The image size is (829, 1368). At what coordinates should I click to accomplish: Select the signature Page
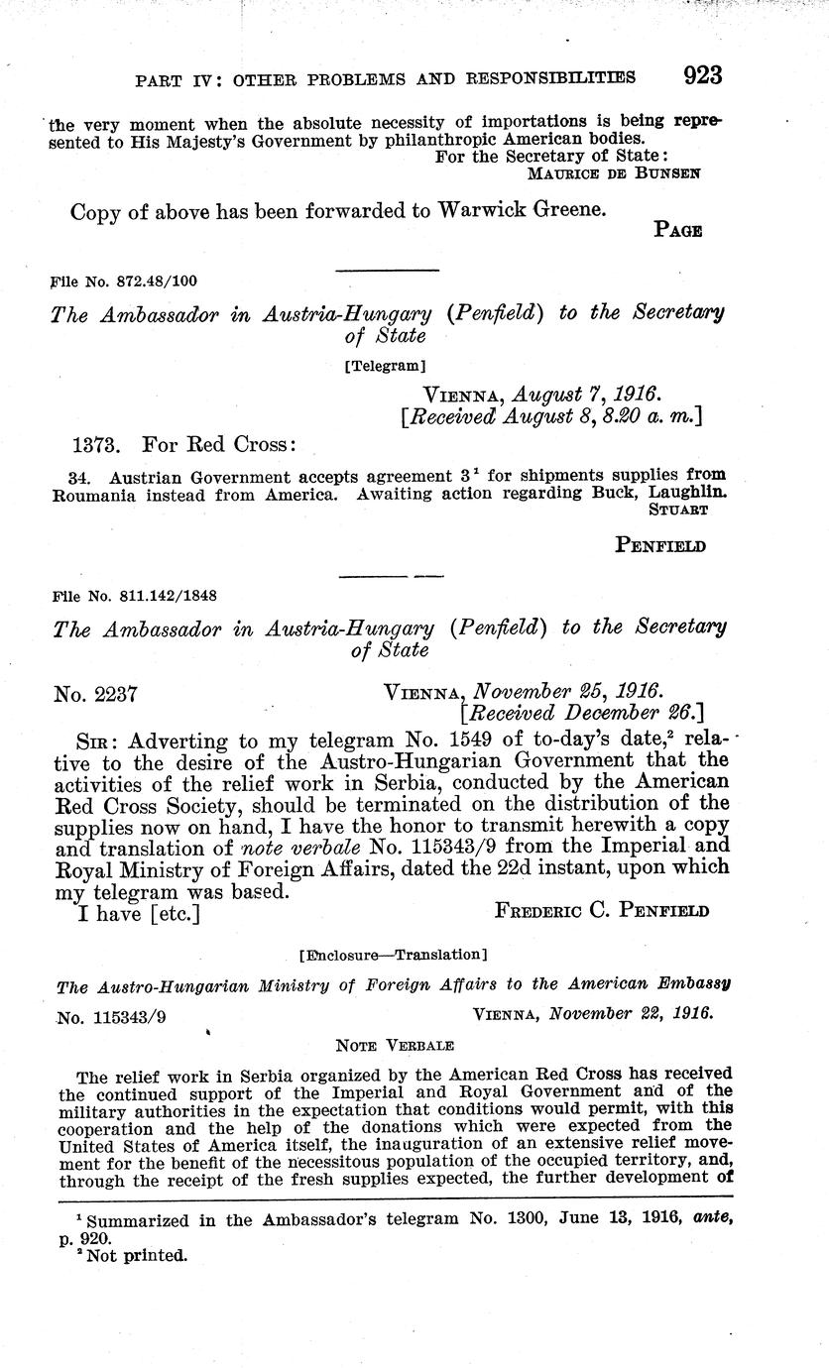[x=678, y=231]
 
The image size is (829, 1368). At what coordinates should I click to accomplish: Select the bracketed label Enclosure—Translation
[x=393, y=956]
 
